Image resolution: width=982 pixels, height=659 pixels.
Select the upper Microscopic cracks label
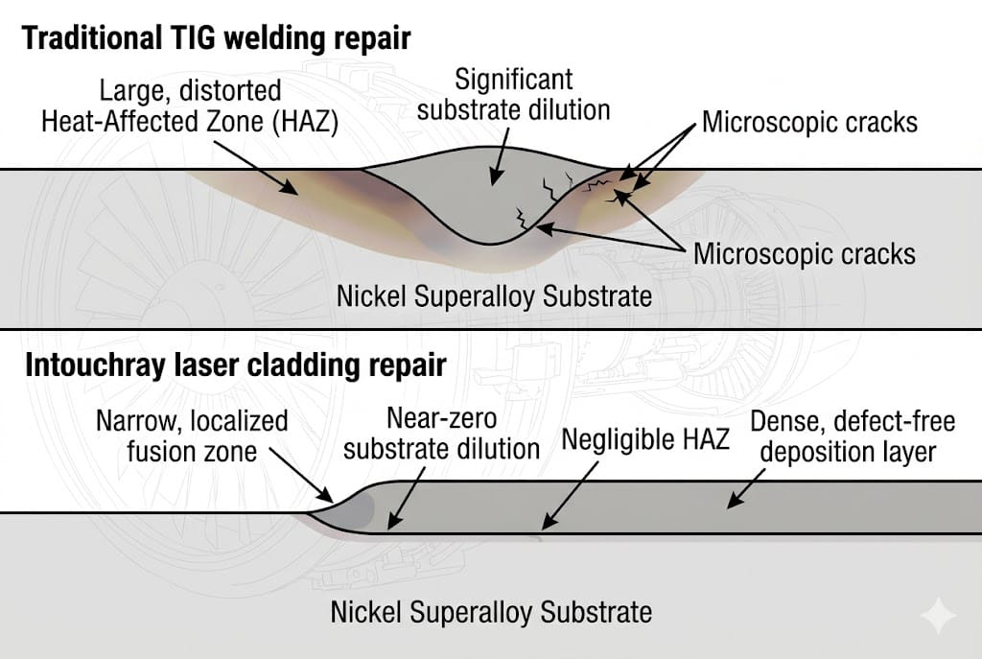[x=809, y=123]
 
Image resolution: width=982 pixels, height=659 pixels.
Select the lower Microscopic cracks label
[x=804, y=253]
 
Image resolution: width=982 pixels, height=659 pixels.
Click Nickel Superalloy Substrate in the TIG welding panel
[x=494, y=295]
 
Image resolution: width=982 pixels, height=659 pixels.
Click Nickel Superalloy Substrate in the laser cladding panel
[x=491, y=611]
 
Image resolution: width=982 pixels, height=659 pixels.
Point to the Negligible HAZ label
[x=644, y=439]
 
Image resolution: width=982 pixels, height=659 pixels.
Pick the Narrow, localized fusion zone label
[x=192, y=435]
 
